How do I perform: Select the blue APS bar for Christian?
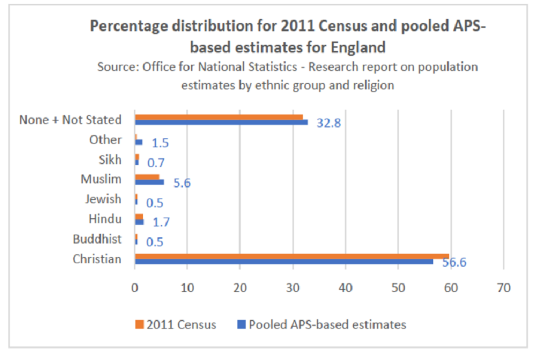click(284, 262)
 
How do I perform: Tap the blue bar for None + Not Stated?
click(221, 122)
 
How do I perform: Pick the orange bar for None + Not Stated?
click(219, 117)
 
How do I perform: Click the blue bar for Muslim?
click(149, 182)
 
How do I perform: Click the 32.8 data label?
click(328, 123)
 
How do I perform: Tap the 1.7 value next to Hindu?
click(161, 223)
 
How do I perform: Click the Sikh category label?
click(110, 160)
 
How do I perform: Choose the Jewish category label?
click(103, 199)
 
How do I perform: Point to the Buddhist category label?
click(97, 239)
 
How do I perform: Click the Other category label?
click(105, 139)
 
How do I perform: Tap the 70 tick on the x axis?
click(503, 287)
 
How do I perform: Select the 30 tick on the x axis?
click(292, 287)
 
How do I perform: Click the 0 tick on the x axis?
click(135, 287)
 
